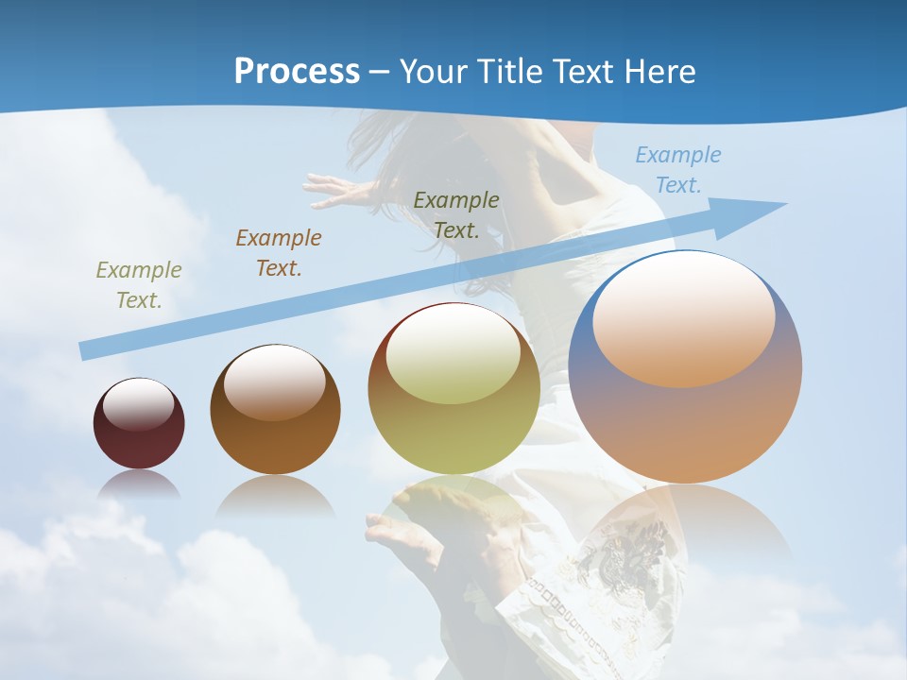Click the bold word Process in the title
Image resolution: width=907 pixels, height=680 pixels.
[297, 72]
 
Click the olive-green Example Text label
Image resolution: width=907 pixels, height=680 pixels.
[139, 284]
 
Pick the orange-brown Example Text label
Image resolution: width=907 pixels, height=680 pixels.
[279, 252]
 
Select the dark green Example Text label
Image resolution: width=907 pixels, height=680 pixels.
[456, 214]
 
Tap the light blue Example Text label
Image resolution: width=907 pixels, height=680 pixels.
[677, 170]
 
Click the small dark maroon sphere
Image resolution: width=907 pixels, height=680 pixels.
[139, 444]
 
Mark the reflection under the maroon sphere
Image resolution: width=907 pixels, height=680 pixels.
[139, 484]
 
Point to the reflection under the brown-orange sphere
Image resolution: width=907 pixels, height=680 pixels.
[275, 495]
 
